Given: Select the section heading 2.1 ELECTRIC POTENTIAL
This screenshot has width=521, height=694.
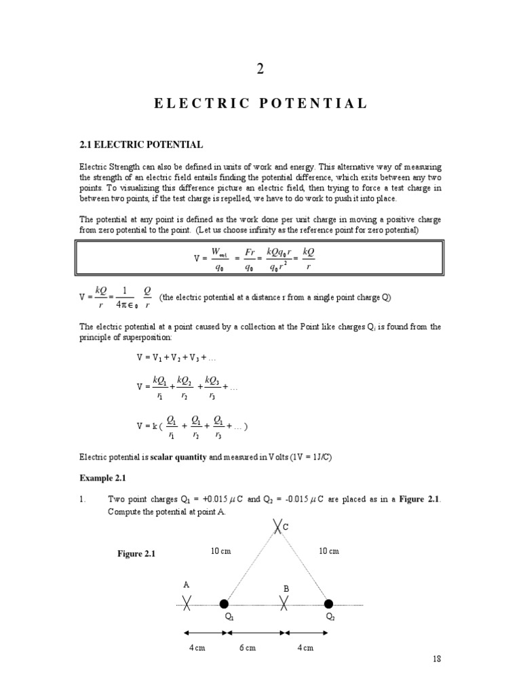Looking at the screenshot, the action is tap(141, 144).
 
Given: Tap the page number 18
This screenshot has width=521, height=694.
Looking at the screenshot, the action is tap(436, 659).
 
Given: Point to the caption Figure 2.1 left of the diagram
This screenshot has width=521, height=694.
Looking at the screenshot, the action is tap(136, 554).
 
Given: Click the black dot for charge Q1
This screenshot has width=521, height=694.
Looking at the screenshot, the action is tap(225, 603).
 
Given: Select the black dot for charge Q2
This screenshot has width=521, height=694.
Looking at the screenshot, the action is tap(329, 603).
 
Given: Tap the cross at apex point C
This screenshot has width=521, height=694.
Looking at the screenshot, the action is tap(276, 526).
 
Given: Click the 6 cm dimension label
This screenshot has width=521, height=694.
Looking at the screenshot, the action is tap(247, 648).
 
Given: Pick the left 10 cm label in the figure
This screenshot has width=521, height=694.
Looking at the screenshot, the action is tap(221, 551).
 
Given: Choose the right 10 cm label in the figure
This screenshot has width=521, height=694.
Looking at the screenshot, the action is tap(328, 551).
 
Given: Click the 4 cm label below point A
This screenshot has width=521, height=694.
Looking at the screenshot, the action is tap(197, 648).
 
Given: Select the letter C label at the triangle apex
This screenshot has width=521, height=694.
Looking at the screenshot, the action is tap(286, 526).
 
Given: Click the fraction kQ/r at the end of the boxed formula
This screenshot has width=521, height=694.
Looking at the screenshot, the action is tap(309, 258).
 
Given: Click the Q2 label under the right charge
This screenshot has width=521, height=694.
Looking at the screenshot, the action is tap(330, 617).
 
